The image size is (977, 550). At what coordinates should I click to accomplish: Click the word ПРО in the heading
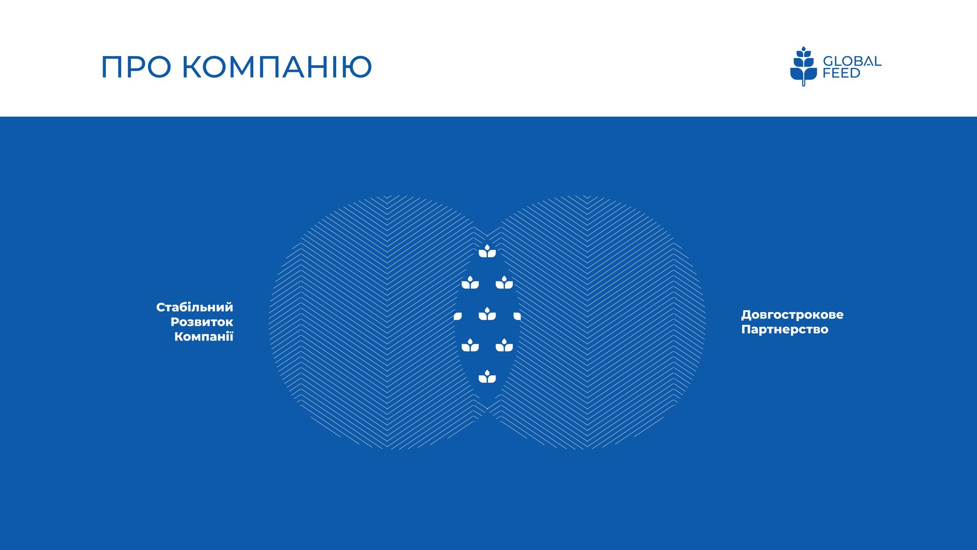(x=135, y=67)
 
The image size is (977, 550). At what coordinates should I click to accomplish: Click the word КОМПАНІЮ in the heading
(x=277, y=67)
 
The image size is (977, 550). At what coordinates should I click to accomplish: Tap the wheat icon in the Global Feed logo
(x=803, y=66)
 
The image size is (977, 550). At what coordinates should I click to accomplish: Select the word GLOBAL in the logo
(x=852, y=61)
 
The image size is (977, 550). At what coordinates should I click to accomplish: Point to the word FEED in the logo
(x=842, y=73)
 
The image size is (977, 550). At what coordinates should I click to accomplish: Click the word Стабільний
(x=195, y=307)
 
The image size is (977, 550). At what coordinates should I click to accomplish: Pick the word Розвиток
(x=202, y=322)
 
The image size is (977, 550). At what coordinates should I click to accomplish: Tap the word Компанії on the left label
(x=204, y=336)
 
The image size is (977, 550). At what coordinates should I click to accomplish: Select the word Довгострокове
(x=792, y=315)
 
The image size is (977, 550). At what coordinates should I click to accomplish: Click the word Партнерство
(x=784, y=330)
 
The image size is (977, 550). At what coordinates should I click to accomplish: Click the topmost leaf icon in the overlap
(x=487, y=251)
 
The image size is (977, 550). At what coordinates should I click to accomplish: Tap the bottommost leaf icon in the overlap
(x=487, y=376)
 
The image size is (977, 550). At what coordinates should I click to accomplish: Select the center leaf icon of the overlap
(x=487, y=313)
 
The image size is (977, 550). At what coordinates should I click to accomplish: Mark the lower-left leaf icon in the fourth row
(x=470, y=345)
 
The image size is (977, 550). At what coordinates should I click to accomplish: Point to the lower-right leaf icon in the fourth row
(x=504, y=345)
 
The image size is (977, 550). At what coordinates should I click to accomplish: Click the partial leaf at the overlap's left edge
(x=457, y=317)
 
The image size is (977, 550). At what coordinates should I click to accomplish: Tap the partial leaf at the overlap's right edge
(x=517, y=317)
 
